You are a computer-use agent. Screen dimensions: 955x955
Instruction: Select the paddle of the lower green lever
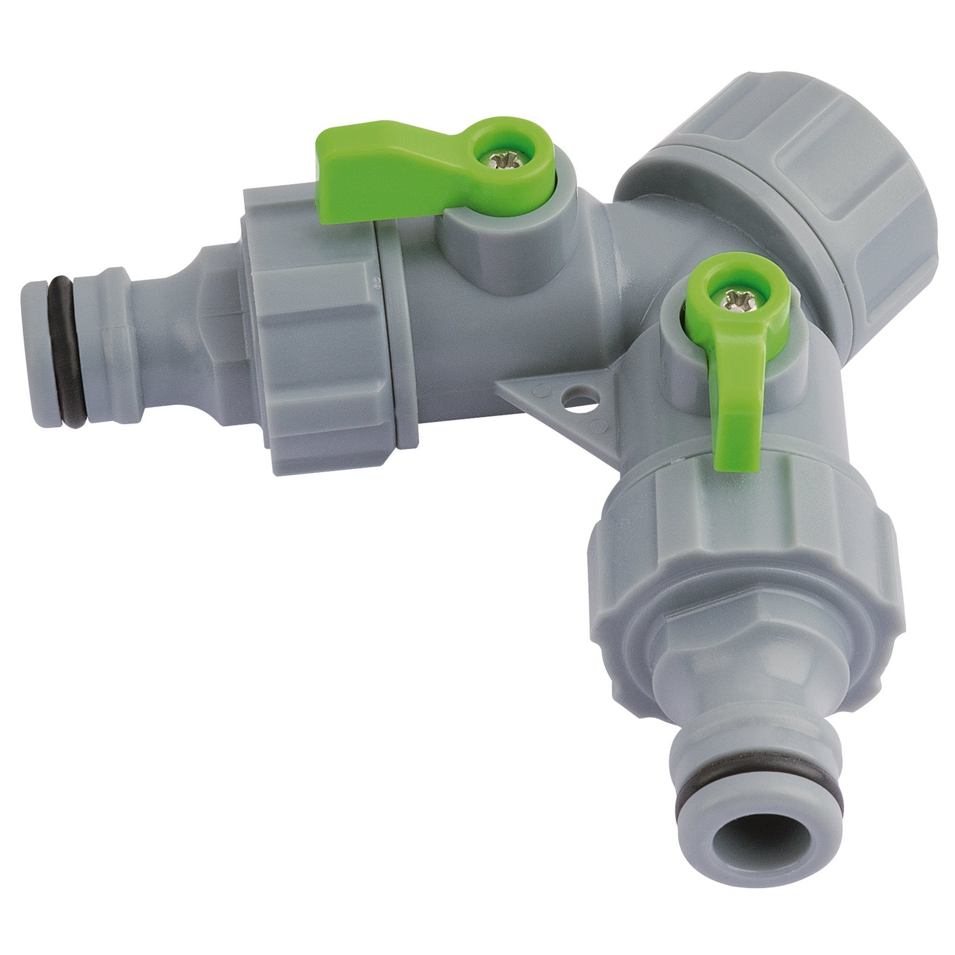742,395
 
